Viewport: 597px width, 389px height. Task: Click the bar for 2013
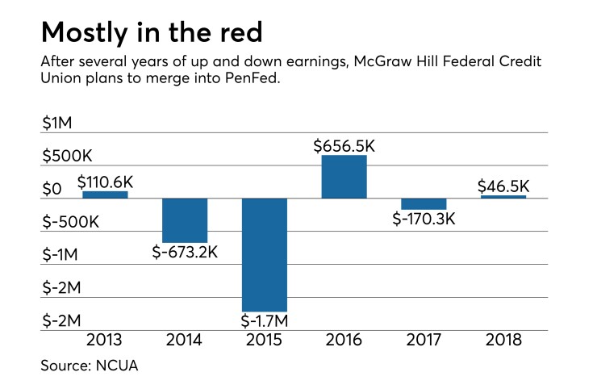pyautogui.click(x=105, y=194)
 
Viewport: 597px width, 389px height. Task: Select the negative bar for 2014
pyautogui.click(x=185, y=220)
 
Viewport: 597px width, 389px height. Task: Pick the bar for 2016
pyautogui.click(x=344, y=177)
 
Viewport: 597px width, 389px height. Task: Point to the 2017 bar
pyautogui.click(x=424, y=204)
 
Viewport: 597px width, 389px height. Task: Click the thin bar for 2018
pyautogui.click(x=504, y=197)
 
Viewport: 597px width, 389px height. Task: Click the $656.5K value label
pyautogui.click(x=344, y=146)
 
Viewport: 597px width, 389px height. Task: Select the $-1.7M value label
pyautogui.click(x=265, y=320)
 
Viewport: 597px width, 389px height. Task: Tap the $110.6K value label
pyautogui.click(x=105, y=182)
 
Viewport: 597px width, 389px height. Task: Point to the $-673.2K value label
pyautogui.click(x=185, y=252)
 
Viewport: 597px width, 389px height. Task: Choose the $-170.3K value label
pyautogui.click(x=424, y=219)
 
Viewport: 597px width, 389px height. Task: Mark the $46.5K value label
pyautogui.click(x=504, y=186)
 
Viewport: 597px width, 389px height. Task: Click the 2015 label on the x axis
pyautogui.click(x=265, y=341)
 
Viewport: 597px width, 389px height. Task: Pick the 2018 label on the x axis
pyautogui.click(x=504, y=341)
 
